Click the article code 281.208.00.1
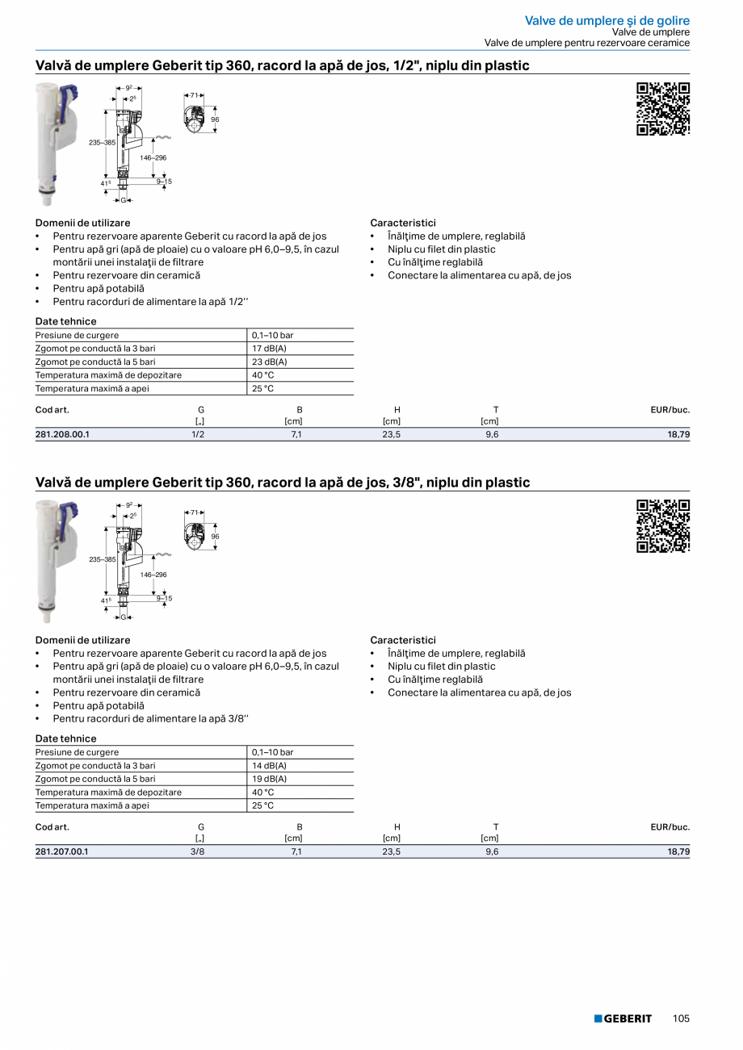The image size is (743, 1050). tap(62, 434)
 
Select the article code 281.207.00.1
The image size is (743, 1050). tap(62, 851)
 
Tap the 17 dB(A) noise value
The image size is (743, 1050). tap(269, 349)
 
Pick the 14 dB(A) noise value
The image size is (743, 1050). tap(269, 766)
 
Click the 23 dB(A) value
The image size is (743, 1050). tap(269, 362)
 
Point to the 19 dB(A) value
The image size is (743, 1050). tap(269, 780)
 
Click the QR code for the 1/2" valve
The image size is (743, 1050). tap(663, 109)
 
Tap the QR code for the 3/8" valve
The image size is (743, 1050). tap(663, 526)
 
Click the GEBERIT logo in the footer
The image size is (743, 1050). tap(623, 1019)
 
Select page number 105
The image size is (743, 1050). tap(681, 1019)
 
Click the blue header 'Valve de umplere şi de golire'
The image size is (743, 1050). tap(607, 20)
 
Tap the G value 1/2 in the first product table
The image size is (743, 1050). tap(198, 434)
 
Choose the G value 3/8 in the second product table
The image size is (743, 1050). tap(198, 851)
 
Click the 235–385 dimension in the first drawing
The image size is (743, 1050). tap(103, 142)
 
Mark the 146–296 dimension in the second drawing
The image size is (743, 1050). tap(153, 575)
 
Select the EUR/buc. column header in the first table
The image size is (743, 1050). tap(670, 410)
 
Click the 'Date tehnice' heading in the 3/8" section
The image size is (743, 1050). tap(65, 738)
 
